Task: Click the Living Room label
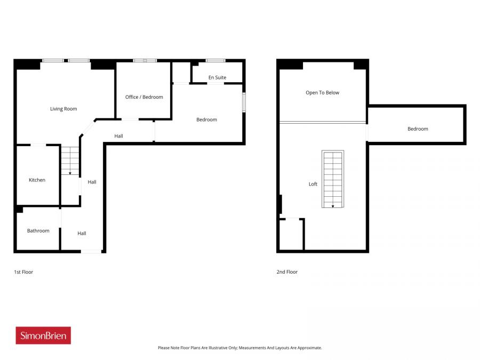63,109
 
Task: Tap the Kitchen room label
37,180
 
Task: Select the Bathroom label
38,230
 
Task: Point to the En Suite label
217,77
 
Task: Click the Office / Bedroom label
144,97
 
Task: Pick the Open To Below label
322,92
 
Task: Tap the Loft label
313,184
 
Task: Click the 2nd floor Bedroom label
418,129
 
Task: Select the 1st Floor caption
23,272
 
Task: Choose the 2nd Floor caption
287,272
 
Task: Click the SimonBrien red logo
43,335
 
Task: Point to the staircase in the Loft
333,180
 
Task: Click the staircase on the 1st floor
69,161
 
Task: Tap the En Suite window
215,61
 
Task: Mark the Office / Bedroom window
145,61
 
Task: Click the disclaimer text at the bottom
239,348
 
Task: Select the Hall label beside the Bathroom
82,233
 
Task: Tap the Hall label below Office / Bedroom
118,136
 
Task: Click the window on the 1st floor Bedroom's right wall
244,103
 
